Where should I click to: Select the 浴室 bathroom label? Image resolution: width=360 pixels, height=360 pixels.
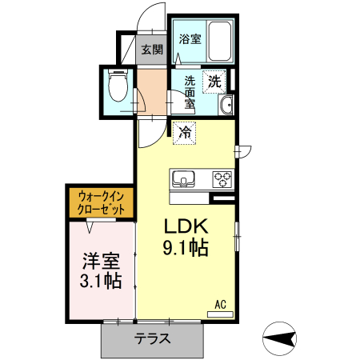189,38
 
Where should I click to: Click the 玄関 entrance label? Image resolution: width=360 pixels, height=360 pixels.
152,50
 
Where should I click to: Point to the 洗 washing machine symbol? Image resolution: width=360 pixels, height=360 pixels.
214,80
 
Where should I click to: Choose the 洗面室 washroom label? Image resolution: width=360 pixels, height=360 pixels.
190,91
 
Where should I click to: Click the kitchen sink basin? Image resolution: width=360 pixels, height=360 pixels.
183,178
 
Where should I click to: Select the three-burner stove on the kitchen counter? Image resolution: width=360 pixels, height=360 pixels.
222,178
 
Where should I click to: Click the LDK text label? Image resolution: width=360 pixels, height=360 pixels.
186,226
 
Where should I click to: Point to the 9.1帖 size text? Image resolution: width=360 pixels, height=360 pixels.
186,249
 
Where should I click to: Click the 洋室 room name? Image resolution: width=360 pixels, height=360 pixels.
100,261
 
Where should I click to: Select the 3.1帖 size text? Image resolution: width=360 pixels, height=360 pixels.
100,281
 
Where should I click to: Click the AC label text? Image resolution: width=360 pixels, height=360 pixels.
221,304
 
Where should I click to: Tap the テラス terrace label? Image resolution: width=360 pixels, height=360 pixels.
152,338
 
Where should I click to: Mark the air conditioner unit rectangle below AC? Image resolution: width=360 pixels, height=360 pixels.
220,314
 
